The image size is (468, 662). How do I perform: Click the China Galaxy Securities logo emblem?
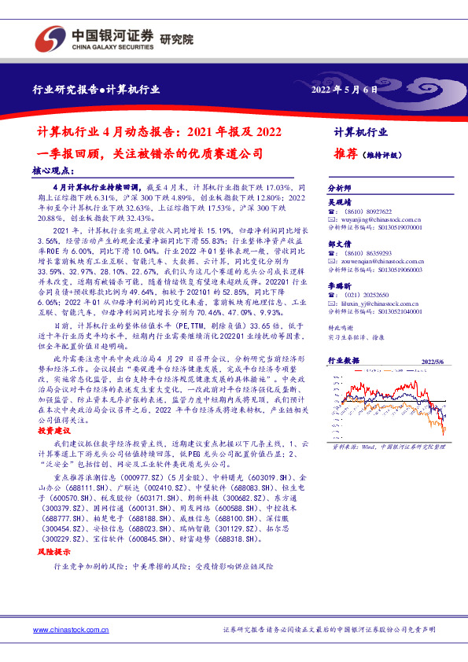pyautogui.click(x=49, y=37)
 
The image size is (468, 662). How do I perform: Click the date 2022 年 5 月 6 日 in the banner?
pyautogui.click(x=345, y=89)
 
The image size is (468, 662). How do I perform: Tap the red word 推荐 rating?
pyautogui.click(x=345, y=154)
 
